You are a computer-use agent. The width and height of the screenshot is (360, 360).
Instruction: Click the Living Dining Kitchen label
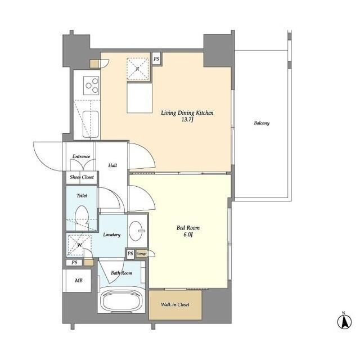(x=187, y=112)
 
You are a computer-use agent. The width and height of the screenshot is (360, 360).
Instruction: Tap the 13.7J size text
(x=187, y=120)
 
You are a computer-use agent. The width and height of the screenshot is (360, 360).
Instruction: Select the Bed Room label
(x=188, y=228)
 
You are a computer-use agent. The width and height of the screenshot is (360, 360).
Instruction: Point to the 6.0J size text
(x=188, y=235)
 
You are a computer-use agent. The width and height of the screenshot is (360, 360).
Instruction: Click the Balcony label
(x=262, y=123)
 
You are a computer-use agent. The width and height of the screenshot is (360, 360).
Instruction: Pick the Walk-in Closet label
(x=175, y=304)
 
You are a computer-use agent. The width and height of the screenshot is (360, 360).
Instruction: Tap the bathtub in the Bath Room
(x=121, y=300)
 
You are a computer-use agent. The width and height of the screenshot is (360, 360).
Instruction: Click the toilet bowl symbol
(x=82, y=218)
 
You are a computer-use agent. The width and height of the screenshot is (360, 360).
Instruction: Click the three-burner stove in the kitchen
(x=91, y=85)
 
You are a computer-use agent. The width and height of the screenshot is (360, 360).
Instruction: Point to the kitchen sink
(x=91, y=124)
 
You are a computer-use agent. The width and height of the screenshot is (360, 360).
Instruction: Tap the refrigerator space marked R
(x=137, y=69)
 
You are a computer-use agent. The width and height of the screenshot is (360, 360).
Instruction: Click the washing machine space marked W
(x=79, y=245)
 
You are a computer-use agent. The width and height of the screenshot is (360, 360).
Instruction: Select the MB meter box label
(x=79, y=281)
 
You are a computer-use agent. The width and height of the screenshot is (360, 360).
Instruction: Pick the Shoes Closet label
(x=82, y=177)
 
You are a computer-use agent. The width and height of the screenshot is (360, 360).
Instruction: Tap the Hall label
(x=112, y=165)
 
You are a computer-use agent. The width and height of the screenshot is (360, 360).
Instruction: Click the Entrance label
(x=81, y=156)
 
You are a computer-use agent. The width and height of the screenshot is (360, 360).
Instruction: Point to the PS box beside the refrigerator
(x=156, y=59)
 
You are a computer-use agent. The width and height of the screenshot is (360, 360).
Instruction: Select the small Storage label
(x=141, y=254)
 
